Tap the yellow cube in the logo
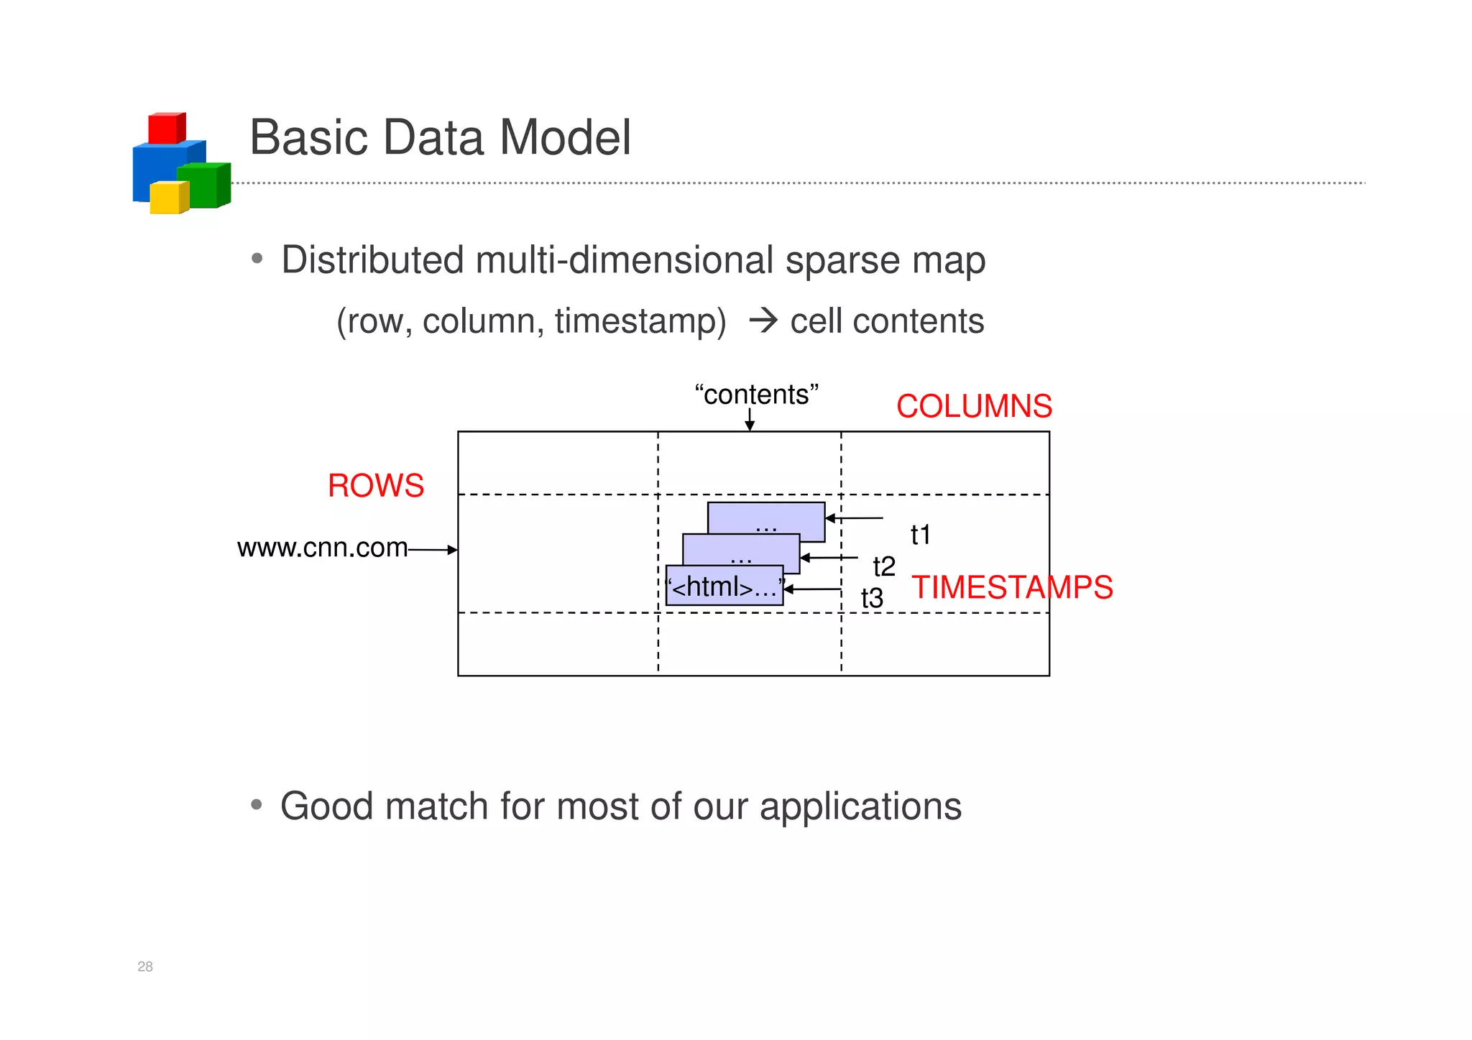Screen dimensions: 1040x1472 pyautogui.click(x=169, y=198)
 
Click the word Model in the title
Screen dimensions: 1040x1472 pyautogui.click(x=565, y=137)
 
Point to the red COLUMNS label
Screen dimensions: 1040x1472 pyautogui.click(x=974, y=407)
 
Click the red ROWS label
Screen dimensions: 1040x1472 pyautogui.click(x=376, y=486)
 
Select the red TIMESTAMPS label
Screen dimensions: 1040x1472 pyautogui.click(x=1012, y=588)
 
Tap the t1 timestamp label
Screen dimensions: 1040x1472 pyautogui.click(x=921, y=535)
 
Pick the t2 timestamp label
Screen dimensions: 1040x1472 pyautogui.click(x=884, y=566)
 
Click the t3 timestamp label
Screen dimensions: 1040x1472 pyautogui.click(x=872, y=598)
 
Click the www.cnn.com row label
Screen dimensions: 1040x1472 pyautogui.click(x=322, y=548)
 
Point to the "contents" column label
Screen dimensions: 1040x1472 pyautogui.click(x=756, y=395)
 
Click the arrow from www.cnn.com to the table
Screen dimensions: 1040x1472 pyautogui.click(x=433, y=550)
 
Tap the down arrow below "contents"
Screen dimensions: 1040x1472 pyautogui.click(x=750, y=419)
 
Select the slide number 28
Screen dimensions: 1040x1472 pyautogui.click(x=145, y=967)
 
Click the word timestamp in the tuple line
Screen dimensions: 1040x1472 pyautogui.click(x=640, y=321)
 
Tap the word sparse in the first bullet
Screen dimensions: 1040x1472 pyautogui.click(x=842, y=260)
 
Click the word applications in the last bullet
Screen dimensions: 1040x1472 pyautogui.click(x=860, y=806)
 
